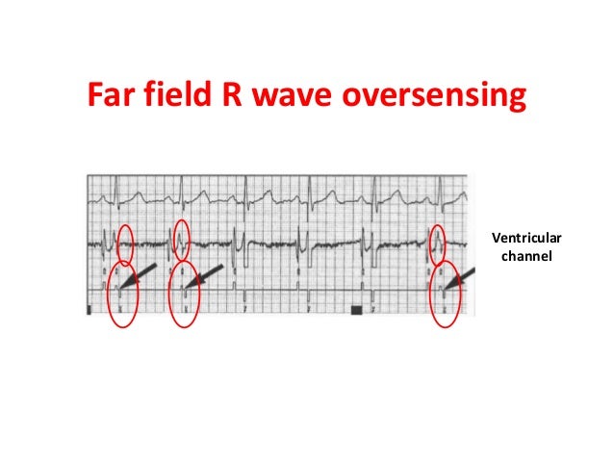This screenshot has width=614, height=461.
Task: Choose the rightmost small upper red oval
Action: click(438, 243)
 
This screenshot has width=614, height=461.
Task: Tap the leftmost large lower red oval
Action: click(122, 293)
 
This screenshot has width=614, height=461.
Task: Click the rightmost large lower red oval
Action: click(445, 295)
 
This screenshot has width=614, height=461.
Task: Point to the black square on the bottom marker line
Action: click(357, 310)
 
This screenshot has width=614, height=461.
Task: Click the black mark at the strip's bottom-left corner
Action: click(90, 310)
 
